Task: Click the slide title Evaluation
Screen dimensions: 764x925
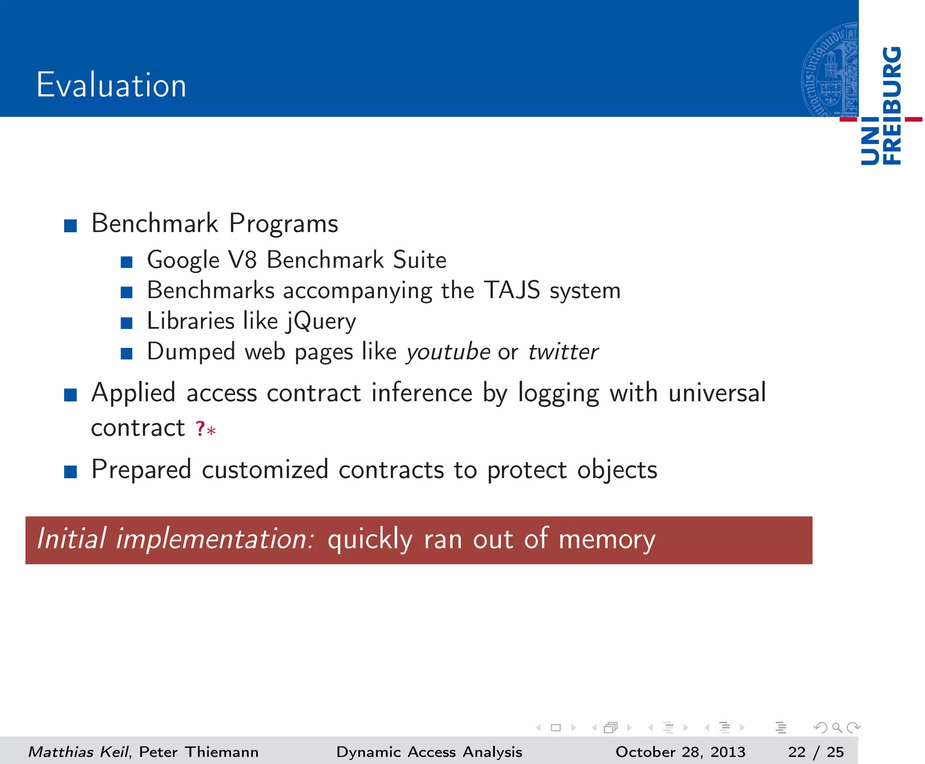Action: pos(111,85)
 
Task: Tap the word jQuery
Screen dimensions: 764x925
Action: pos(322,322)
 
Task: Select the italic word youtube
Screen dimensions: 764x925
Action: pos(448,352)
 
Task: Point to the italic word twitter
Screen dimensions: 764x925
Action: pos(563,352)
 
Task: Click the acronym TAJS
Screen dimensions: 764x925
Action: pos(512,290)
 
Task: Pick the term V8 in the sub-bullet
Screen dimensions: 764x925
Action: pos(243,260)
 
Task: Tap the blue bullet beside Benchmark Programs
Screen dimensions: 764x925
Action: pos(70,225)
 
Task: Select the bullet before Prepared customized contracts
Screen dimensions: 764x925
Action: pos(70,472)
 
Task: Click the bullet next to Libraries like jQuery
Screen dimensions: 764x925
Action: pos(126,323)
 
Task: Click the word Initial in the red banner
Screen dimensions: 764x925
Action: pos(72,539)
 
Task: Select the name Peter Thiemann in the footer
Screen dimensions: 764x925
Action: pos(199,752)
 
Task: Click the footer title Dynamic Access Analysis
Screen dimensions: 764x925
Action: pos(429,752)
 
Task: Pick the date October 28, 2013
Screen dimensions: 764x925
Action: pos(680,752)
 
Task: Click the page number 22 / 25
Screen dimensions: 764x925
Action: pos(816,752)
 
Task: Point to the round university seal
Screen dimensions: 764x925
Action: pos(830,70)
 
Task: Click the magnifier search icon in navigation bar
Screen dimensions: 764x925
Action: pos(837,727)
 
